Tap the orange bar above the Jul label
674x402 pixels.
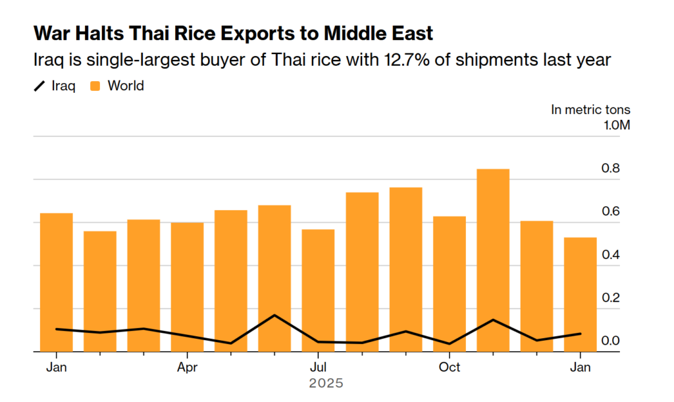[318, 290]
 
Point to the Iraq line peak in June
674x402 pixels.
[274, 315]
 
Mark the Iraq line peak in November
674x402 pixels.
[492, 320]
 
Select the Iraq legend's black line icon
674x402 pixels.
[39, 86]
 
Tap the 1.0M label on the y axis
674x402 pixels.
[617, 125]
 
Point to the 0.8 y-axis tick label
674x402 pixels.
[611, 169]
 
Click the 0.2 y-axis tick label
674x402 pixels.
[611, 298]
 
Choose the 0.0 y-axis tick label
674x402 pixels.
[611, 341]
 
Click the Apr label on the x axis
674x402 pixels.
[187, 366]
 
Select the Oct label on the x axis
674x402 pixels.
[449, 366]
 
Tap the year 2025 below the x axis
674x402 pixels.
[326, 383]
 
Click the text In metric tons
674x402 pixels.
[590, 109]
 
